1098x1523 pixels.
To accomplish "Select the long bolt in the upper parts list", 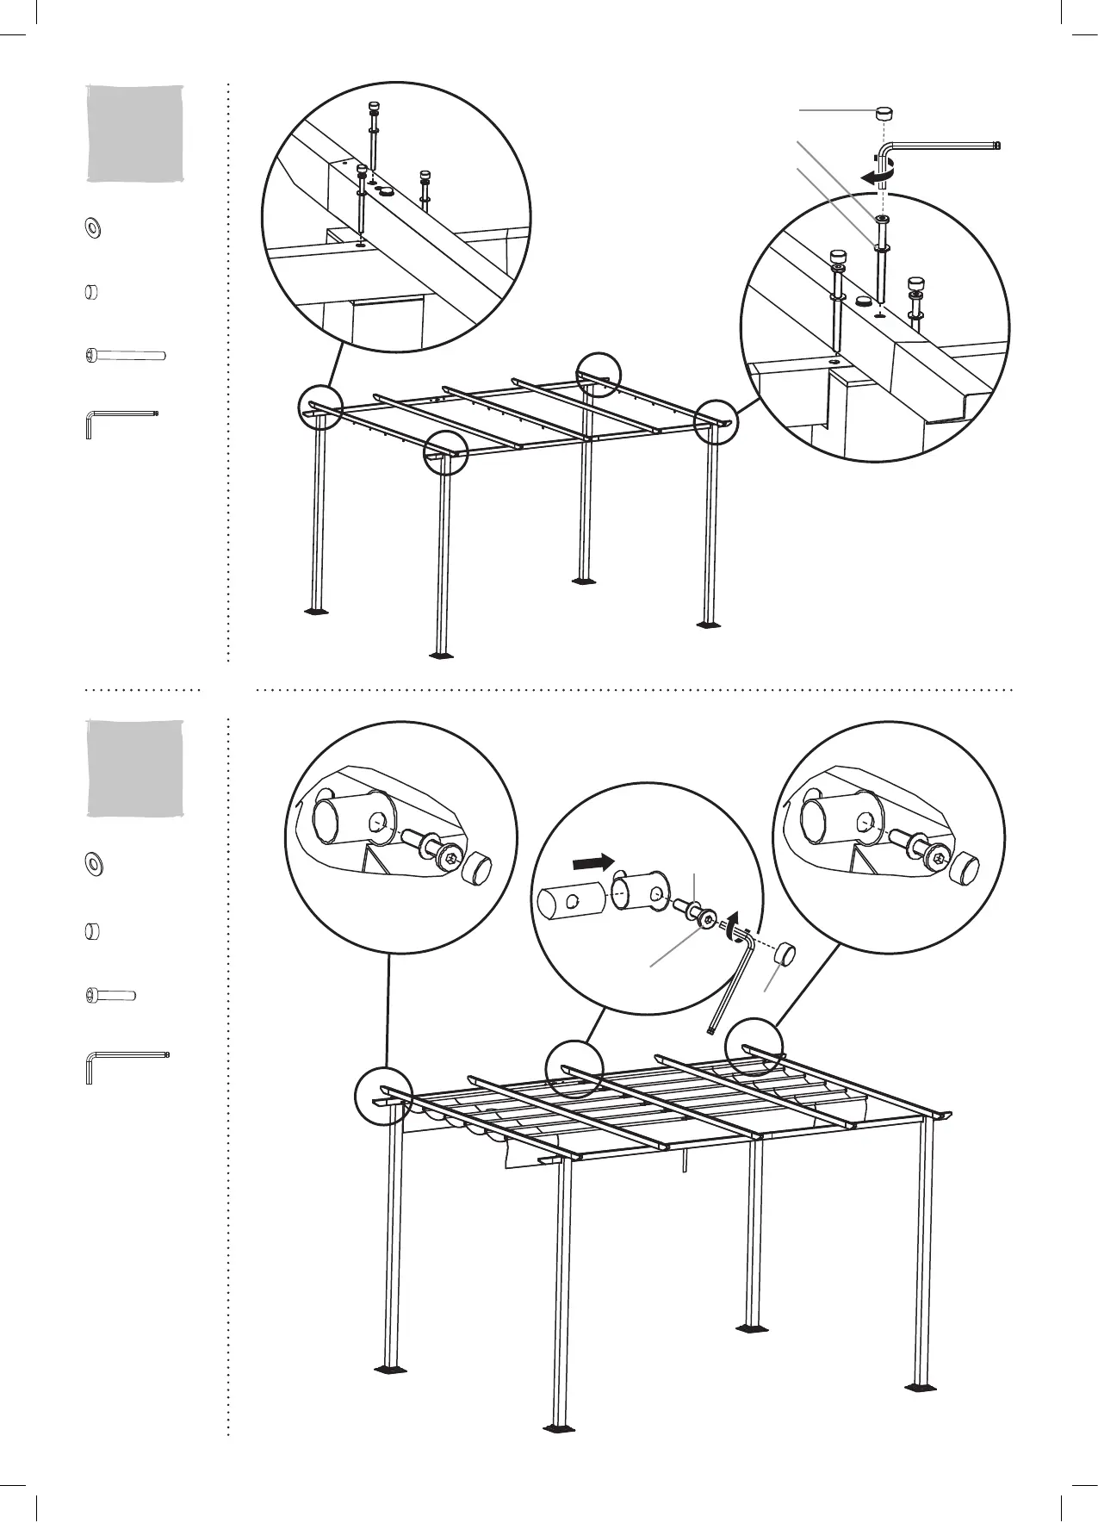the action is click(126, 354).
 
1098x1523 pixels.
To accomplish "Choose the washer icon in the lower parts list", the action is click(91, 861).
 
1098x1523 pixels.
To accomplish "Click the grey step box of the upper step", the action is click(135, 133).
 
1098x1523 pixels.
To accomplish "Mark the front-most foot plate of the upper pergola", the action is click(441, 655).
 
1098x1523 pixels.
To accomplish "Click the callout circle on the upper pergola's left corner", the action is click(321, 407).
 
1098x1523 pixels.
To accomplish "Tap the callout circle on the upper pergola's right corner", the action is click(716, 420).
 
